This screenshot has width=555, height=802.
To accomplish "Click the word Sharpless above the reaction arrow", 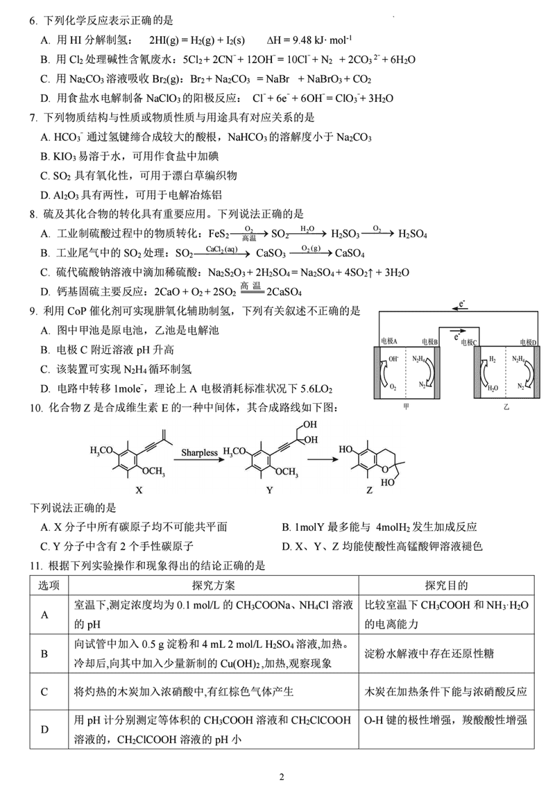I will (x=198, y=452).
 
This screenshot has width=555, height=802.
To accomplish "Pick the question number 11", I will (x=35, y=565).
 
